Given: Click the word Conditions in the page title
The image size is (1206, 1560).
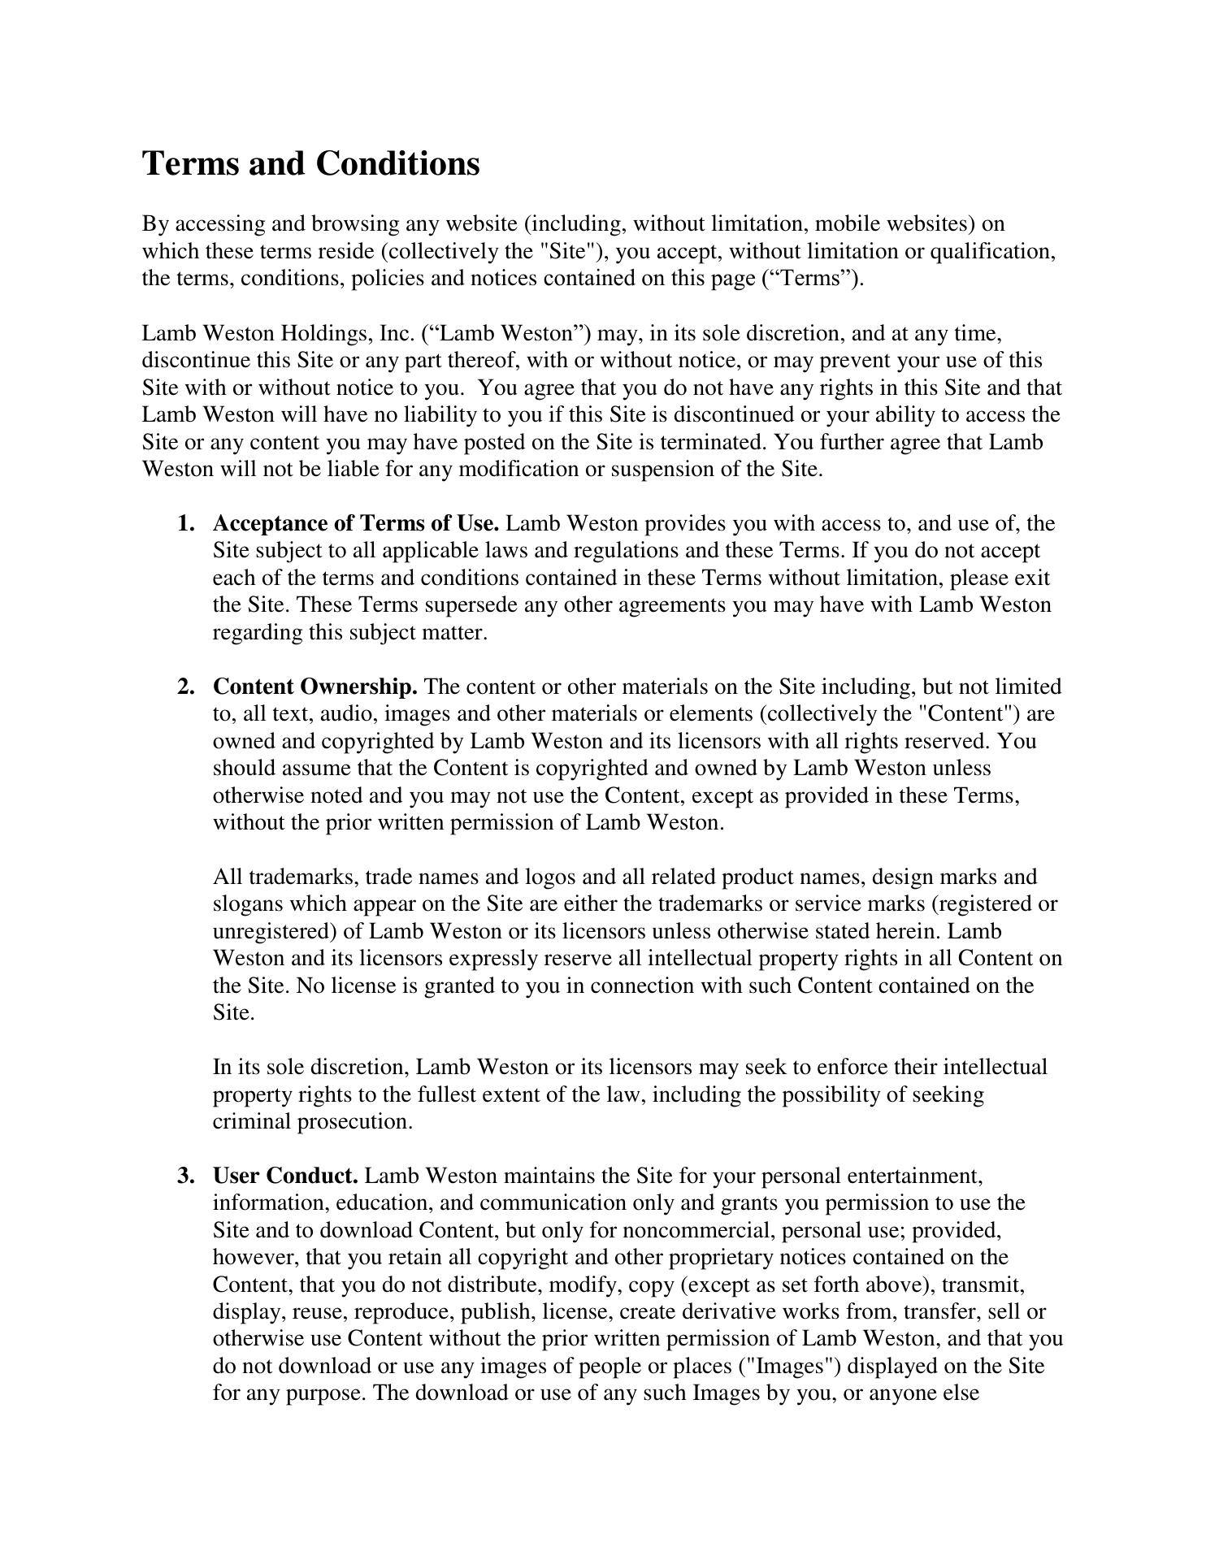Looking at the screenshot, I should (x=397, y=163).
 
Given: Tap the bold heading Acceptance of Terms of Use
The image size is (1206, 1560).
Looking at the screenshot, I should (x=356, y=523).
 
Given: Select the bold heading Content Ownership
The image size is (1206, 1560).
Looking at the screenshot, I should (x=315, y=687).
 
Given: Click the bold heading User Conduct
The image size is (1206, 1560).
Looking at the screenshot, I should (x=285, y=1176).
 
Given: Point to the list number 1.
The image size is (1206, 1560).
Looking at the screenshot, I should (x=185, y=523).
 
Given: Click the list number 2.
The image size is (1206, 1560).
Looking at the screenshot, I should (x=185, y=687).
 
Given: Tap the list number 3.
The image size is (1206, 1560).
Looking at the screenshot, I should (x=185, y=1176).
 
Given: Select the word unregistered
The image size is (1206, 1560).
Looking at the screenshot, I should (x=274, y=931).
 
